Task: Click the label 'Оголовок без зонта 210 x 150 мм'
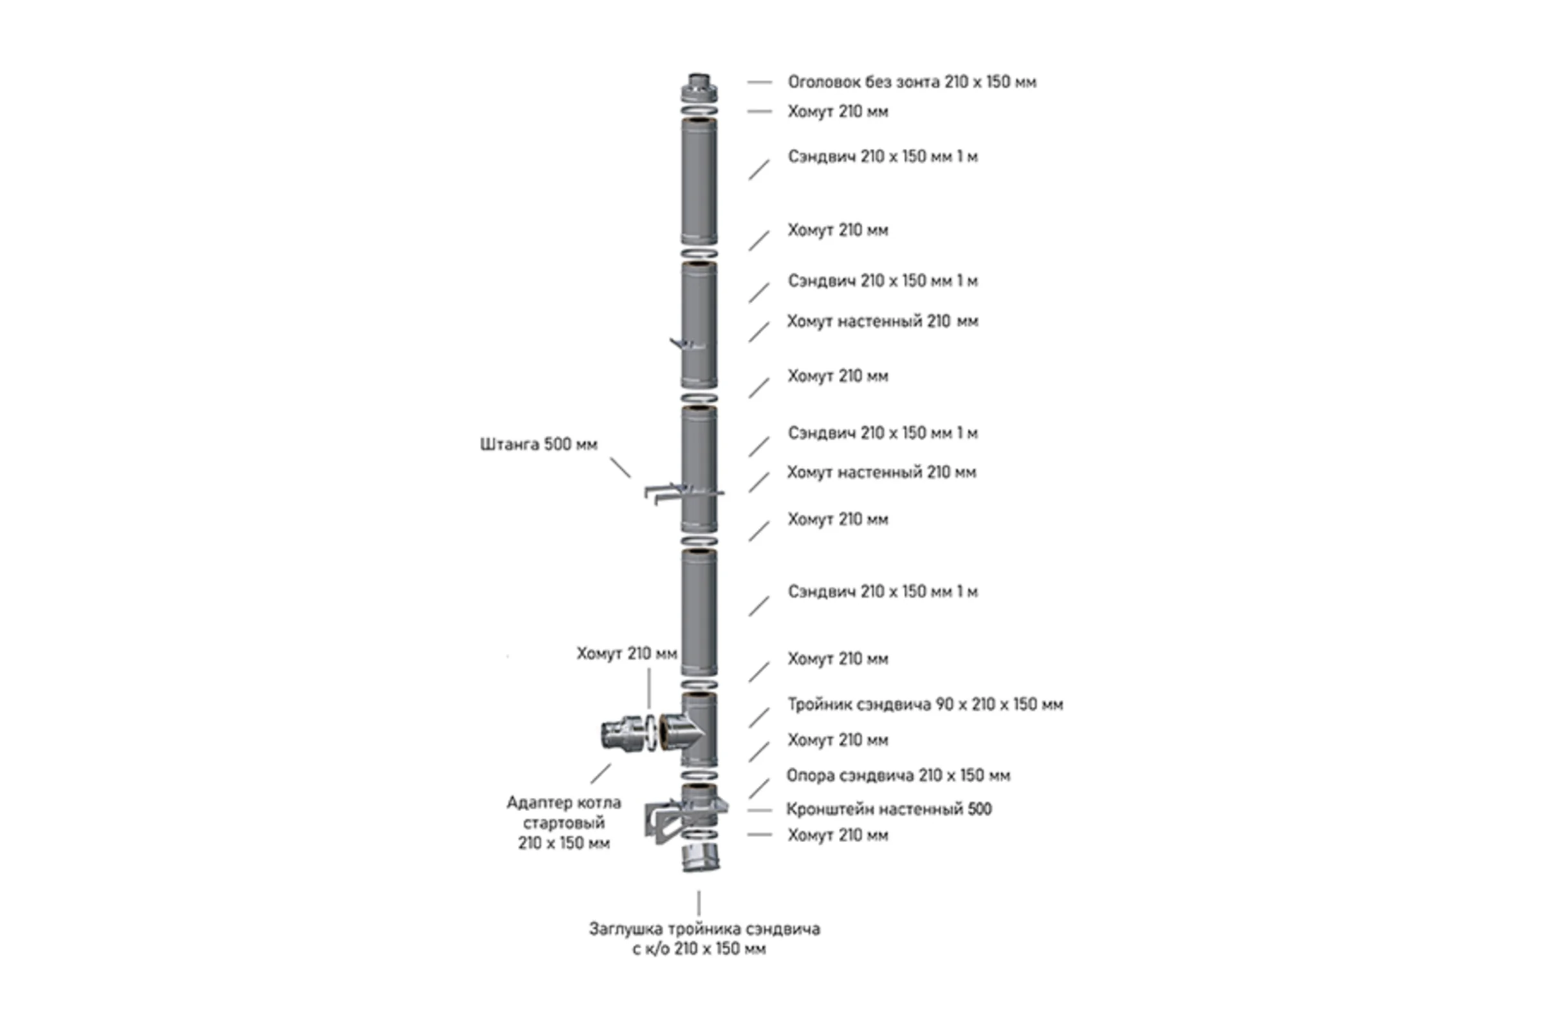click(x=912, y=82)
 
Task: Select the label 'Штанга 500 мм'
click(x=539, y=445)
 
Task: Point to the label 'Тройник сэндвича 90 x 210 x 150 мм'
click(x=926, y=704)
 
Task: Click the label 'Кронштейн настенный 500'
click(x=889, y=809)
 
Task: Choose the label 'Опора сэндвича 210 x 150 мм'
click(x=898, y=775)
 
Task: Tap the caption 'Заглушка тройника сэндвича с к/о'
click(x=704, y=939)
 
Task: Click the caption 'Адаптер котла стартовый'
click(x=564, y=812)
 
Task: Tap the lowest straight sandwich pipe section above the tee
click(x=699, y=612)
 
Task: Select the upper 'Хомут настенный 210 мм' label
click(x=882, y=321)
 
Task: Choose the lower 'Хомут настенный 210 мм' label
click(x=881, y=473)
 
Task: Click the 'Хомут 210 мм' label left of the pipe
click(x=627, y=653)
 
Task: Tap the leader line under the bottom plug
click(x=699, y=903)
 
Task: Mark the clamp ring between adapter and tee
click(x=650, y=733)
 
